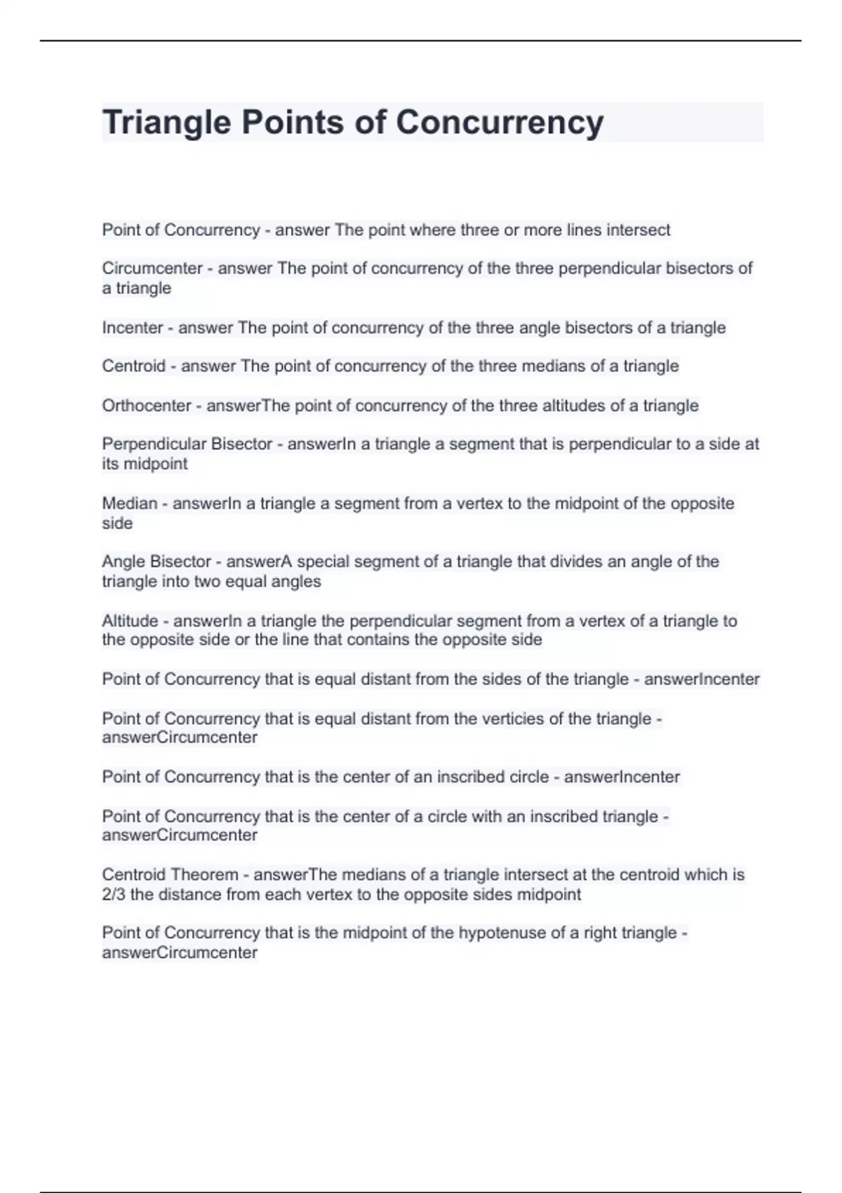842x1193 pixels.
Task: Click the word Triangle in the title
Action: click(166, 123)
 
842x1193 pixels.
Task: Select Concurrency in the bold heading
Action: click(499, 123)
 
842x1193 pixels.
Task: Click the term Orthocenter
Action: click(147, 406)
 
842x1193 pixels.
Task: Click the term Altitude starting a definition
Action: click(130, 621)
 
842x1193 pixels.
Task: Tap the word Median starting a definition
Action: click(130, 503)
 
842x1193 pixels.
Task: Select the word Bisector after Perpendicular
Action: click(241, 444)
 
